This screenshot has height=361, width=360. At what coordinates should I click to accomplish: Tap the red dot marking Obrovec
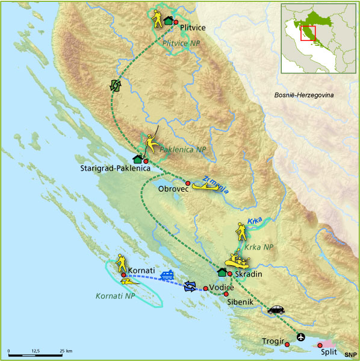(x=187, y=183)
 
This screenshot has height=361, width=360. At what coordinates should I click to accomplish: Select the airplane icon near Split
(x=301, y=336)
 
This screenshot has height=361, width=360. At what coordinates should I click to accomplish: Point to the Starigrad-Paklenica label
(x=114, y=169)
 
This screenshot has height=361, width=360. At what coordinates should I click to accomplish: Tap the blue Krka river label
(x=253, y=222)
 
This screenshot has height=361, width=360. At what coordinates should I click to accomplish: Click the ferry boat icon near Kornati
(x=167, y=275)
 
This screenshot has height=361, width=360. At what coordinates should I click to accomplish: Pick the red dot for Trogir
(x=287, y=344)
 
